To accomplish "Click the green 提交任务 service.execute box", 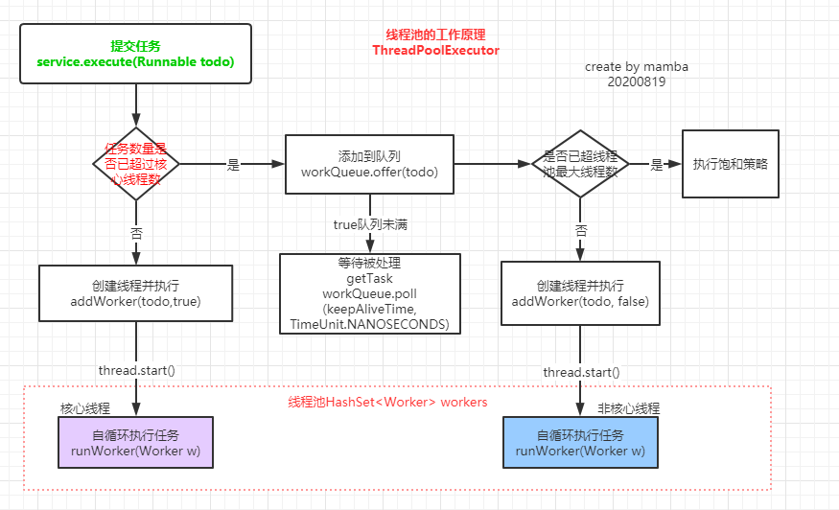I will click(135, 54).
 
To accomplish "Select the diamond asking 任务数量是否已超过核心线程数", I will click(135, 164).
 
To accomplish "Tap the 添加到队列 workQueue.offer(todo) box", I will click(368, 164).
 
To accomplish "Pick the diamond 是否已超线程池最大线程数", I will click(579, 164).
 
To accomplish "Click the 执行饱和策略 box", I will click(730, 164).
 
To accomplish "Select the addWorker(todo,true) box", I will click(135, 293).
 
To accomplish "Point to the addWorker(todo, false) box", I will click(579, 293).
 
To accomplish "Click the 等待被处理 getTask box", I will click(370, 293).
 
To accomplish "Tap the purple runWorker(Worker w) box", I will click(135, 442).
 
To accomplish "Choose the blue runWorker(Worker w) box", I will click(580, 442).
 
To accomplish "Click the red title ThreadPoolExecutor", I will click(435, 50).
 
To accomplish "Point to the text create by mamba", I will click(637, 67).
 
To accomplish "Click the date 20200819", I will click(636, 82).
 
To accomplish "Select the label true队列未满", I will click(369, 224).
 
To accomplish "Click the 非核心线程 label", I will click(628, 408).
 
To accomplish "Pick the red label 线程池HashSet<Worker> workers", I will click(387, 402).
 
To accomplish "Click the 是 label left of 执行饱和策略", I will click(657, 165).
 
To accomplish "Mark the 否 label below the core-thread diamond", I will click(135, 231).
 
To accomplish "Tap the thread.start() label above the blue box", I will click(581, 372).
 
